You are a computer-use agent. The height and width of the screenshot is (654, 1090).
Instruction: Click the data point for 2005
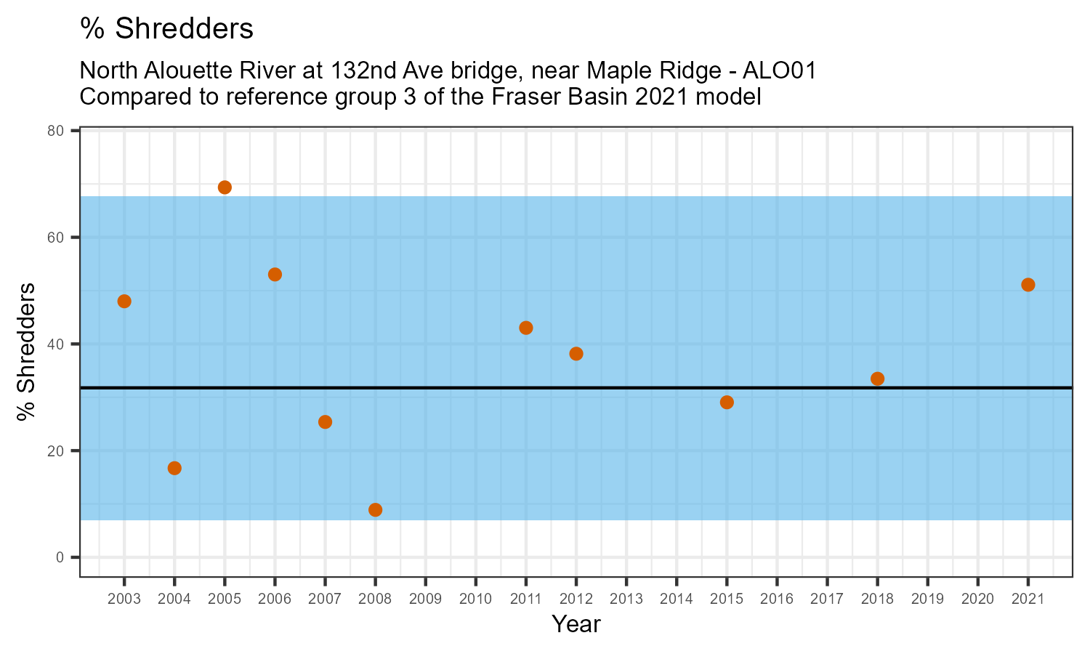[x=225, y=187]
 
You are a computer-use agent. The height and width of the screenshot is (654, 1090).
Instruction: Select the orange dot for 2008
[x=375, y=510]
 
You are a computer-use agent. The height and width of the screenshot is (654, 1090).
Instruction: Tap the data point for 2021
[x=1028, y=285]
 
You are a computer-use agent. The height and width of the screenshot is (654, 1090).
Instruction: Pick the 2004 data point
[x=174, y=468]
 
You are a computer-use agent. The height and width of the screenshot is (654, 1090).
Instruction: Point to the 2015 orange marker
[x=727, y=403]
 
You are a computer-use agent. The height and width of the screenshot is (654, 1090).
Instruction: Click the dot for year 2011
[x=526, y=328]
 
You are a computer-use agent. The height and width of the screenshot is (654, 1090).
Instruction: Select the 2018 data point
[x=877, y=379]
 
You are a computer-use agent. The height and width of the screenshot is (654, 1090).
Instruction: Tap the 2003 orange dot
[x=124, y=302]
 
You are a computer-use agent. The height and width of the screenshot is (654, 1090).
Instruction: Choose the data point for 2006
[x=275, y=275]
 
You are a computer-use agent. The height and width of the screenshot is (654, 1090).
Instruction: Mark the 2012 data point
[x=576, y=354]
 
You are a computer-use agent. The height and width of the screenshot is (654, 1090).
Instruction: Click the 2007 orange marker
[x=325, y=422]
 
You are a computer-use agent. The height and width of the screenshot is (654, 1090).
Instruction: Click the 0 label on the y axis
[x=60, y=557]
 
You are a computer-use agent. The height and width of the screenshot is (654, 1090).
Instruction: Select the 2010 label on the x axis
[x=475, y=599]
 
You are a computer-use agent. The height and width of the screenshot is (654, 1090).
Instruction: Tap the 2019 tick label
[x=927, y=599]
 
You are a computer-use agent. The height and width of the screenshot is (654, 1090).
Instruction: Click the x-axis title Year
[x=576, y=623]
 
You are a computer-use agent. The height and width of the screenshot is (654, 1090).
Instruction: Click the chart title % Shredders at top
[x=166, y=29]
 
